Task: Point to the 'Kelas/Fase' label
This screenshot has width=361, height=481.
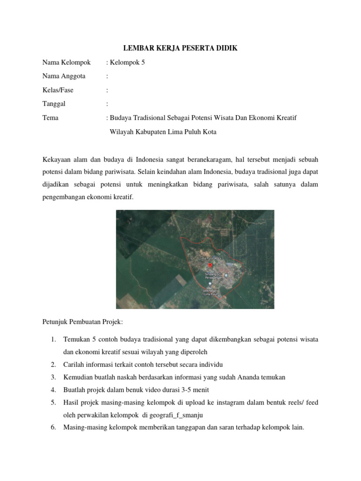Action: point(58,90)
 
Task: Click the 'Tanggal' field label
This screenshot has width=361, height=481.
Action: point(54,104)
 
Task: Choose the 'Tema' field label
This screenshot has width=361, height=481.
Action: point(50,118)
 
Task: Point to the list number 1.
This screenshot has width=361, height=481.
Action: point(53,339)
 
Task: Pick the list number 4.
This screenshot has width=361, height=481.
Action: point(53,390)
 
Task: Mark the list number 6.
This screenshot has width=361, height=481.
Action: point(53,427)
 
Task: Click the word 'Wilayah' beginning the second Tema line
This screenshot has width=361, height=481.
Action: point(121,132)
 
